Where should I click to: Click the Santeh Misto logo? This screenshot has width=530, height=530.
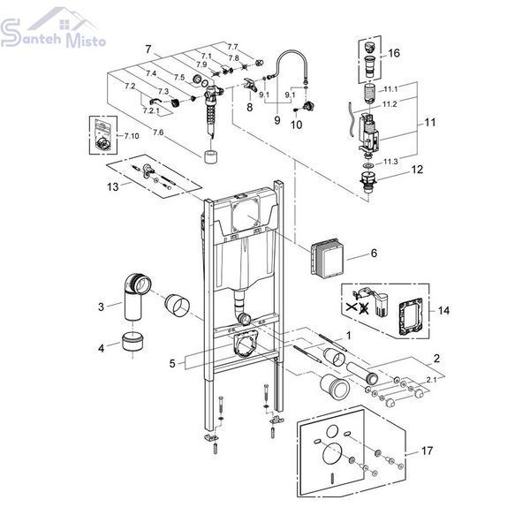tap(53, 27)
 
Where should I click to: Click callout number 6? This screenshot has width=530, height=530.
tap(374, 254)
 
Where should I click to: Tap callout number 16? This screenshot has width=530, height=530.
tap(394, 53)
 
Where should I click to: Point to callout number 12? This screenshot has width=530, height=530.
tap(417, 170)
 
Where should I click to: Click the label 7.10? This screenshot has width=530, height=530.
tap(132, 136)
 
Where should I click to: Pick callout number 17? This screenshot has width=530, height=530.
tap(427, 450)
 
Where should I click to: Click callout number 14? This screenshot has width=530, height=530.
tap(443, 310)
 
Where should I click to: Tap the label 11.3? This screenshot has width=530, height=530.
tap(390, 162)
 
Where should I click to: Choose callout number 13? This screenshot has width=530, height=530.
tap(113, 186)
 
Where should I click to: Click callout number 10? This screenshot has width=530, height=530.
tap(296, 125)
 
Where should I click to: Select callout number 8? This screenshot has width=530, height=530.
tap(249, 107)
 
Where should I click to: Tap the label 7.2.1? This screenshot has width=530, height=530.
tap(151, 110)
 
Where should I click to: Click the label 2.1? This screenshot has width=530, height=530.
tap(431, 380)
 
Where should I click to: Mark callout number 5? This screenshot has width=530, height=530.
tap(172, 364)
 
